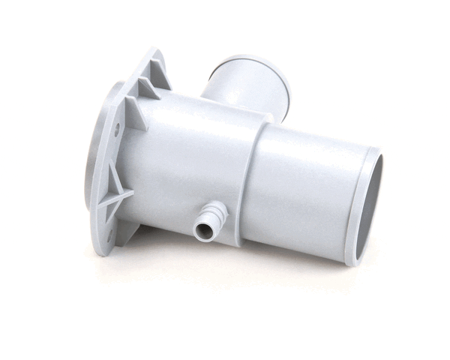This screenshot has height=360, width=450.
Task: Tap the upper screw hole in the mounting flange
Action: click(116, 130)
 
